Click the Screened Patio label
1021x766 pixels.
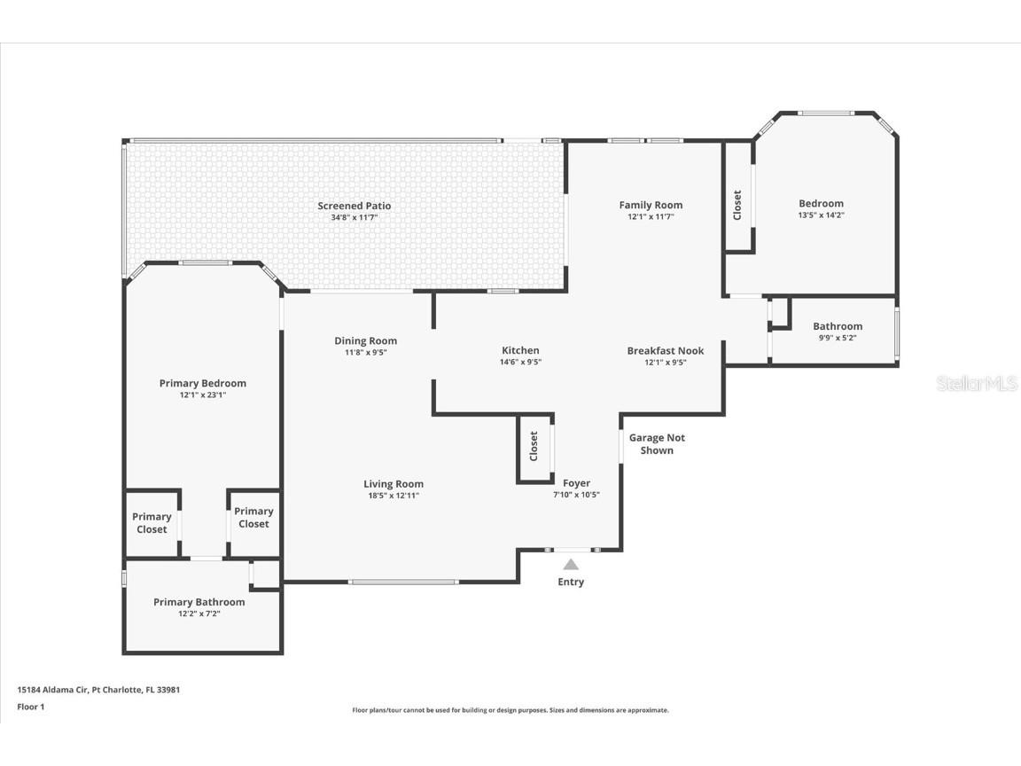[354, 206]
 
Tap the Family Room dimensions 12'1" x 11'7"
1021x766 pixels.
[651, 216]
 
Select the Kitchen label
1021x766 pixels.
[520, 350]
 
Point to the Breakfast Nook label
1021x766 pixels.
[665, 350]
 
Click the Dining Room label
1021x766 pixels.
[365, 340]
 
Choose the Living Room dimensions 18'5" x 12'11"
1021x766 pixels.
[394, 496]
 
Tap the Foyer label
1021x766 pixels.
[576, 483]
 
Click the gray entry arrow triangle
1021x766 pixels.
[571, 564]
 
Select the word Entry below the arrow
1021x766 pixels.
[571, 582]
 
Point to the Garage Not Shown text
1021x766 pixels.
[657, 444]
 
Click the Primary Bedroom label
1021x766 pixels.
[203, 383]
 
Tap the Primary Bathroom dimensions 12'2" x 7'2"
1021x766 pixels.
[199, 613]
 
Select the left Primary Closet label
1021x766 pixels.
[152, 523]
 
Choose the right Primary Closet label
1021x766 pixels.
[253, 517]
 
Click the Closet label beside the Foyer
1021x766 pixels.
[534, 446]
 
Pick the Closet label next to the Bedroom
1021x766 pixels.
[737, 206]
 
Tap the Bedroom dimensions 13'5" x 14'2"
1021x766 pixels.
[821, 215]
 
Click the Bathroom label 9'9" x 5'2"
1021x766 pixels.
[838, 326]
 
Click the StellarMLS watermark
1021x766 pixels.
[978, 383]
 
